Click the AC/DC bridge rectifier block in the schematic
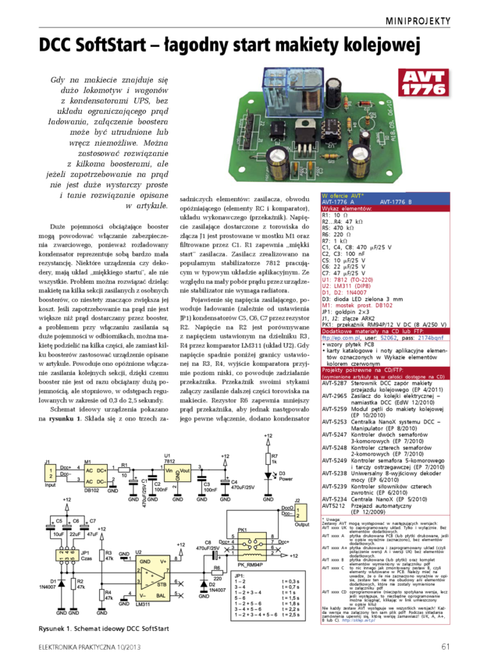pyautogui.click(x=99, y=475)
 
